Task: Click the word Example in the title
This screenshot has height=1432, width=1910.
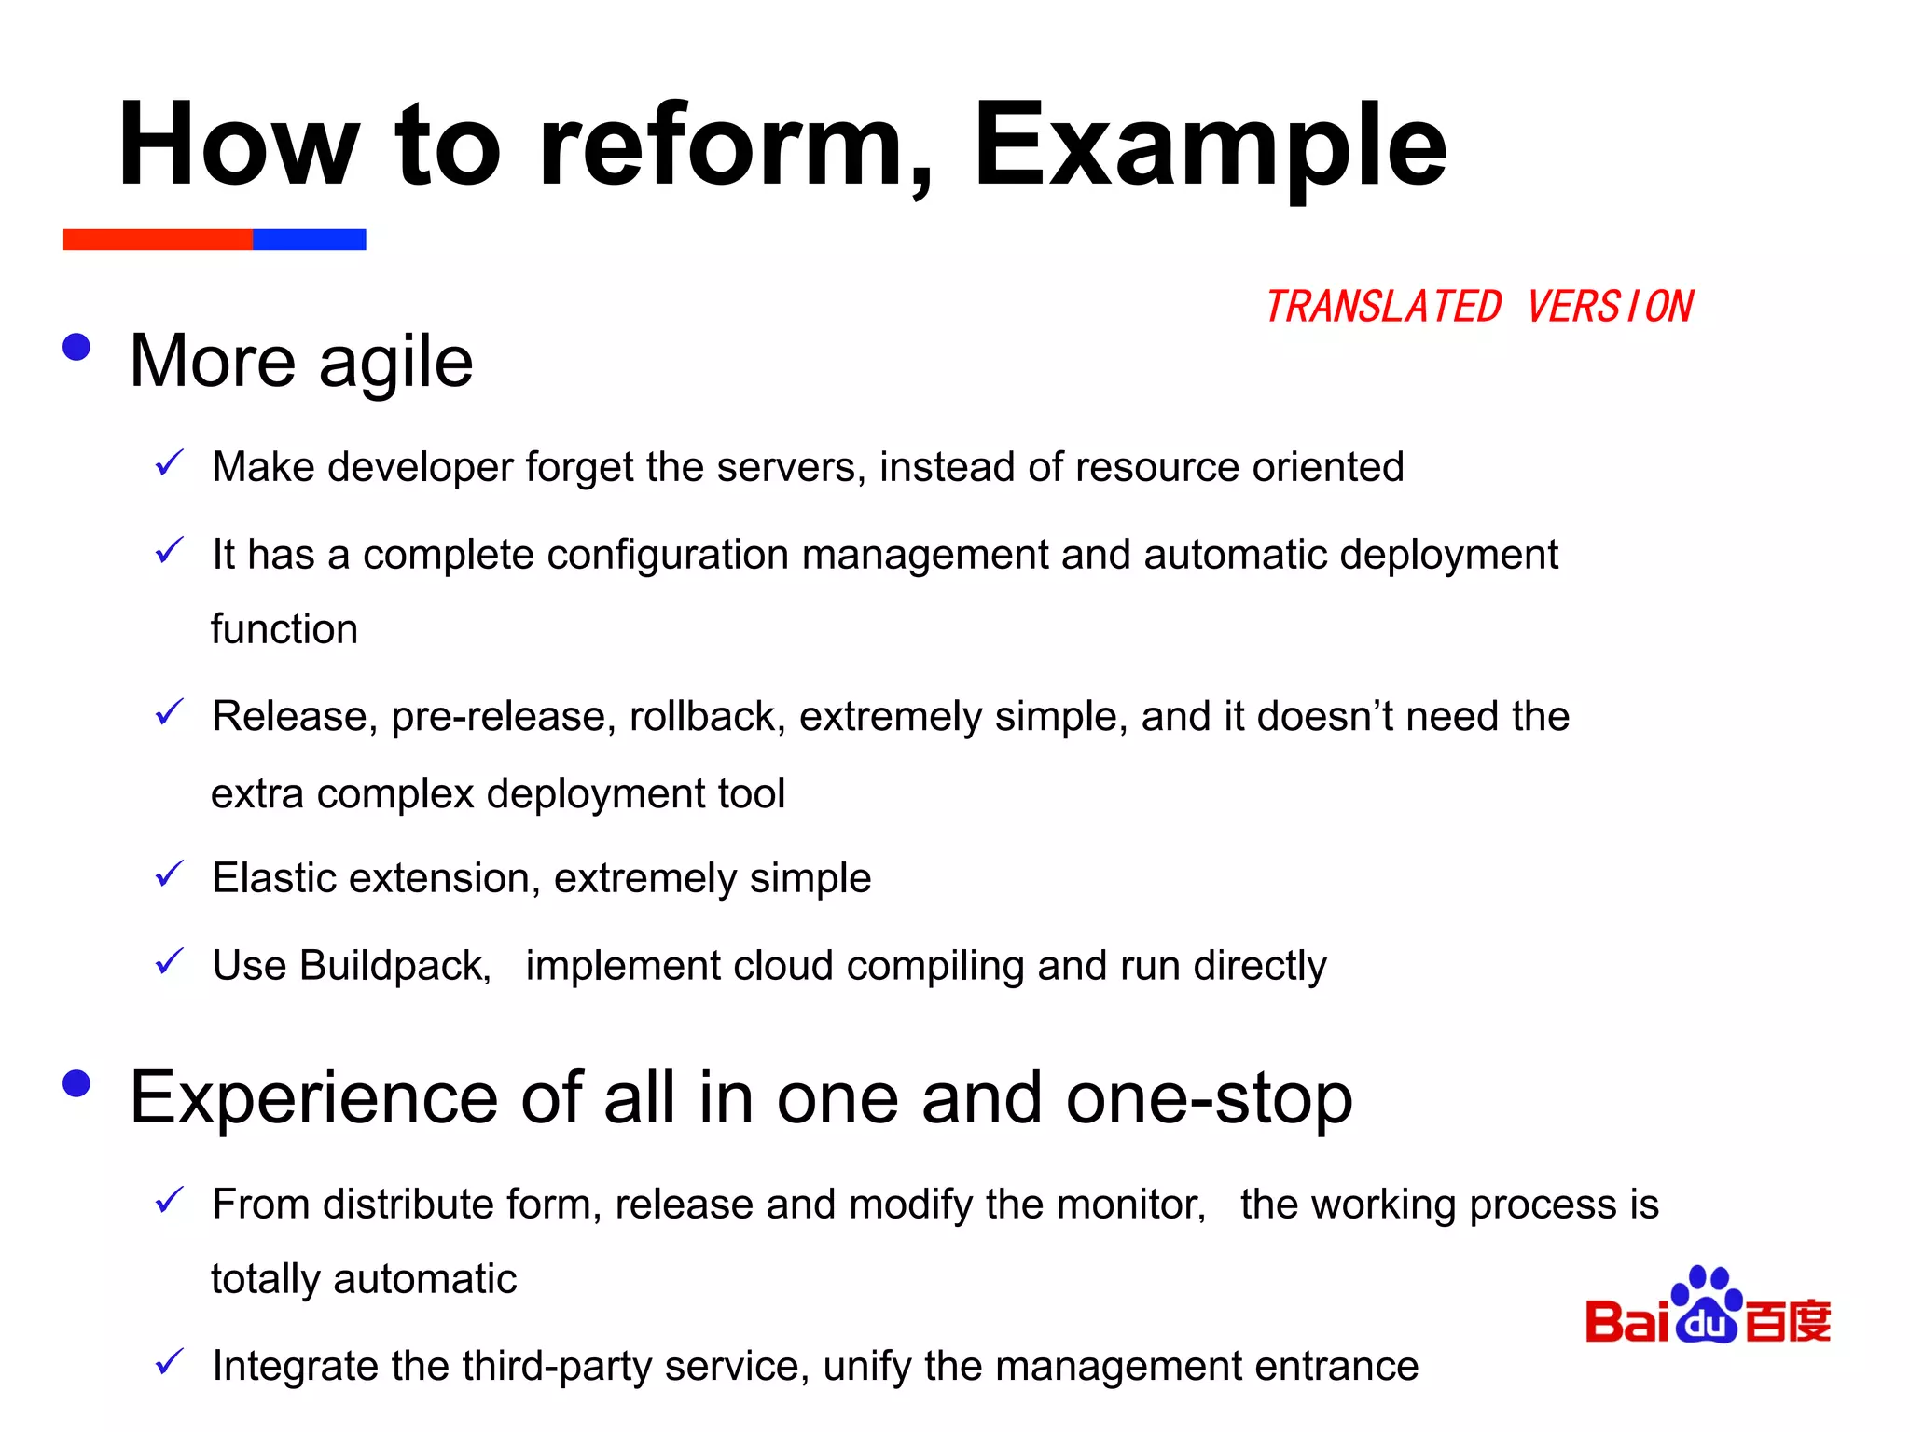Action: tap(1209, 147)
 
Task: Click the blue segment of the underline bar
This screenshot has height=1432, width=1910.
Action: tap(310, 240)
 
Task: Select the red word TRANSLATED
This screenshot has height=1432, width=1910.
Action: tap(1382, 308)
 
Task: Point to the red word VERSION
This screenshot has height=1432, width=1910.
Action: tap(1610, 308)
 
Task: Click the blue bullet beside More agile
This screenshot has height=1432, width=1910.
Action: tap(76, 348)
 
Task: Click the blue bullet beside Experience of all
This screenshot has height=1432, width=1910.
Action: tap(76, 1083)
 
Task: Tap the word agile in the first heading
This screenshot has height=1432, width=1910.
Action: tap(395, 364)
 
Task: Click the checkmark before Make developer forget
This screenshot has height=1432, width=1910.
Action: tap(169, 462)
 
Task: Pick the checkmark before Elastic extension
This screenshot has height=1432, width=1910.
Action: tap(169, 874)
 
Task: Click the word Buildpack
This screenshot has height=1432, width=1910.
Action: tap(395, 967)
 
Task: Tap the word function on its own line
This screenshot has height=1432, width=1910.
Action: tap(284, 629)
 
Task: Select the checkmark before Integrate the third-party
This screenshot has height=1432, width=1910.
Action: tap(169, 1362)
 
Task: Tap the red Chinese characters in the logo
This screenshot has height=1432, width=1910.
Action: tap(1788, 1321)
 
